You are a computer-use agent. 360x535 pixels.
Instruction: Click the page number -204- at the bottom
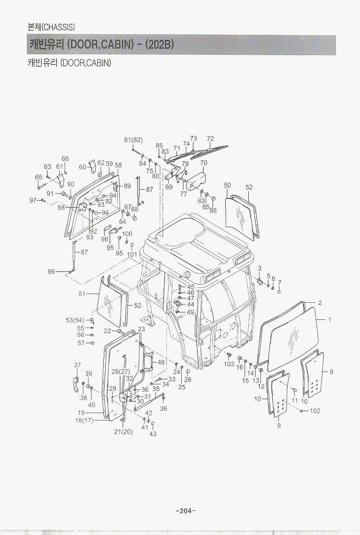[x=185, y=511]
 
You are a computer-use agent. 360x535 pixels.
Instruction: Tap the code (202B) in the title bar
[x=159, y=45]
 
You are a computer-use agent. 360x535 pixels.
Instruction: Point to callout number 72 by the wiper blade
[x=210, y=139]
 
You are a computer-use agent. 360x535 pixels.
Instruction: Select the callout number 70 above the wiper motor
[x=204, y=163]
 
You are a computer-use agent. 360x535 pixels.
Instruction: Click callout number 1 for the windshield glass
[x=330, y=320]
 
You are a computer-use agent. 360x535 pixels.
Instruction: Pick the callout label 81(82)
[x=133, y=140]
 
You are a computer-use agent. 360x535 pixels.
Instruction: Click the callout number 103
[x=229, y=364]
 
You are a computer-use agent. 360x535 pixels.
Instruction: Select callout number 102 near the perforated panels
[x=315, y=411]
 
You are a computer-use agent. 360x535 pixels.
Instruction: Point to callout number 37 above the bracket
[x=77, y=365]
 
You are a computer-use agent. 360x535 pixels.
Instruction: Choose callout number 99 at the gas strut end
[x=51, y=272]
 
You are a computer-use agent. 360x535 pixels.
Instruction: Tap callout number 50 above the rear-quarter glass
[x=227, y=185]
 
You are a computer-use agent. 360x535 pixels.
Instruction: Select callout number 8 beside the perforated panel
[x=331, y=372]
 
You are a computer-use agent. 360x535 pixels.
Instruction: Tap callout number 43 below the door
[x=153, y=434]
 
